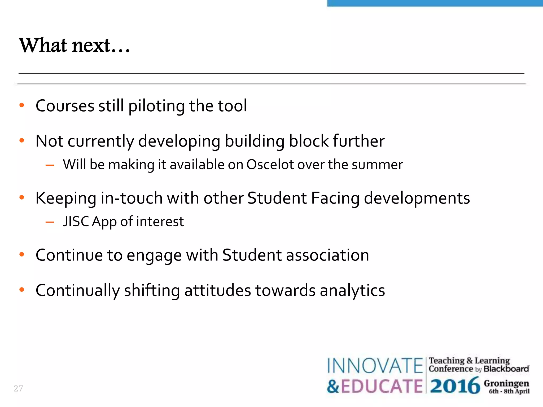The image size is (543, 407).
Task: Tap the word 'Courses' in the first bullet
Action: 65,106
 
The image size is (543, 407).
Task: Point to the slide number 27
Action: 18,388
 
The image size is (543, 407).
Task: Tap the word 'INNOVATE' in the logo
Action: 375,366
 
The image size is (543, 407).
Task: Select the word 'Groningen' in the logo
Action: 506,383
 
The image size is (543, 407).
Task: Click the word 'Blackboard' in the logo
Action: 506,369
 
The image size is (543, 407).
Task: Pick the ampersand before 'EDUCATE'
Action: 333,386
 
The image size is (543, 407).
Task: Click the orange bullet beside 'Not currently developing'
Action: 22,140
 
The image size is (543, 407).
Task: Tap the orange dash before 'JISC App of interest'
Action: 50,222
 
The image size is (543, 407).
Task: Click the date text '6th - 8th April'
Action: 509,391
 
